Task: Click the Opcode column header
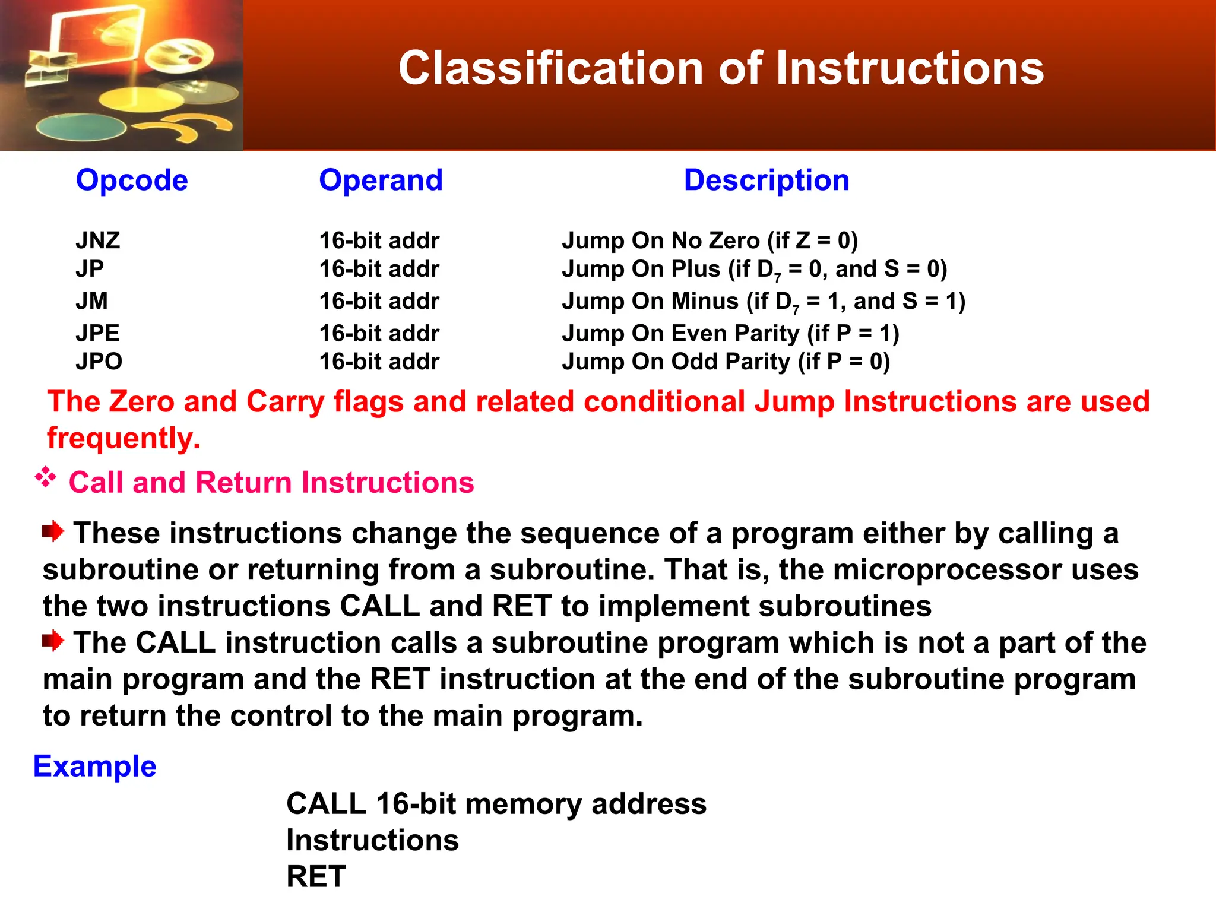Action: pos(132,180)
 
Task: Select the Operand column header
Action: pos(381,180)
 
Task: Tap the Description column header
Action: pos(767,180)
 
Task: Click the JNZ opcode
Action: pos(98,240)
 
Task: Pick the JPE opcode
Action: pos(97,333)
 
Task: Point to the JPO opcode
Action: pos(99,362)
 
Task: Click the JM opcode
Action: pos(91,301)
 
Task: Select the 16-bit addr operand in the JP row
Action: pos(379,269)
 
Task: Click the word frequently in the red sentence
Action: pos(123,438)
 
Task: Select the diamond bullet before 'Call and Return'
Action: pos(46,477)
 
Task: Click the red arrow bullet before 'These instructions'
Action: pos(53,531)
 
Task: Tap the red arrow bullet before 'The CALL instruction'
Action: pos(53,641)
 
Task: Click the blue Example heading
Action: pos(94,766)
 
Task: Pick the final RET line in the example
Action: pos(316,876)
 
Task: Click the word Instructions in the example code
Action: pos(372,840)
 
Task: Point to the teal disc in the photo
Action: pos(80,128)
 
